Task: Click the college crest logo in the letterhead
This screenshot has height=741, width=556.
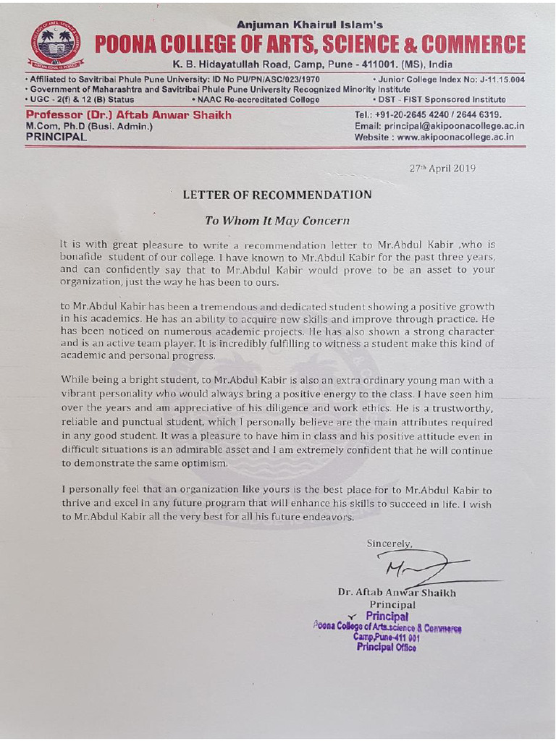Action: pyautogui.click(x=56, y=46)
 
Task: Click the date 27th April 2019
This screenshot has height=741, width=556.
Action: pyautogui.click(x=442, y=168)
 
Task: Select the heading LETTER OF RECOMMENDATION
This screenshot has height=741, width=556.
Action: pyautogui.click(x=277, y=195)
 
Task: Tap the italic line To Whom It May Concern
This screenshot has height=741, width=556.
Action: pyautogui.click(x=277, y=221)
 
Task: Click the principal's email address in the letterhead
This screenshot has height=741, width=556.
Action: pyautogui.click(x=439, y=126)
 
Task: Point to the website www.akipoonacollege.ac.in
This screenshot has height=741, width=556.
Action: pyautogui.click(x=434, y=136)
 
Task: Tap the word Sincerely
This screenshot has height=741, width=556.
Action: pyautogui.click(x=389, y=543)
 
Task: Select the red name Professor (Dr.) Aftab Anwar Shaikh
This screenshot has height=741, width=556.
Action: pyautogui.click(x=128, y=115)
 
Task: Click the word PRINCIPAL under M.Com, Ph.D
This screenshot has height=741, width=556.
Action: pyautogui.click(x=56, y=136)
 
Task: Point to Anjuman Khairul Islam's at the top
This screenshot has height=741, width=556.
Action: pyautogui.click(x=310, y=25)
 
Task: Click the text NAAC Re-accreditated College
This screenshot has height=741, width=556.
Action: pyautogui.click(x=256, y=100)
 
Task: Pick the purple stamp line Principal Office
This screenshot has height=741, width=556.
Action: pyautogui.click(x=386, y=648)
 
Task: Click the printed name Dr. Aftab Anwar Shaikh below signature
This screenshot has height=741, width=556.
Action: pyautogui.click(x=397, y=593)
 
